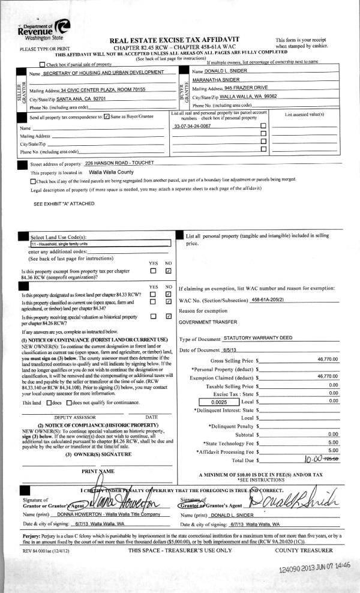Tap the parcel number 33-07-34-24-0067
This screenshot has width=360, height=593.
coord(192,127)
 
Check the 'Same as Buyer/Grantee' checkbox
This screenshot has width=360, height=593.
coord(106,117)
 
